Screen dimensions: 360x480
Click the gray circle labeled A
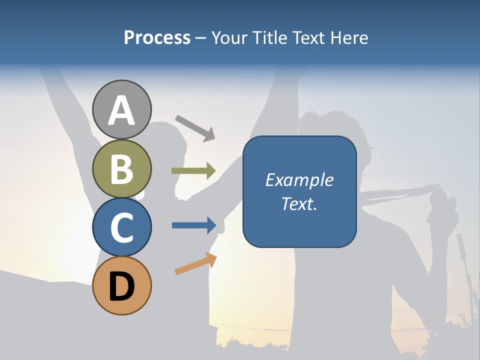122,109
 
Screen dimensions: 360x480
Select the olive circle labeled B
122,168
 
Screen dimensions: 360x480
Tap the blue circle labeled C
122,227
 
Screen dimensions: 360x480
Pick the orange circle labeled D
122,285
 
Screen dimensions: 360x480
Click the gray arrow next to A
195,127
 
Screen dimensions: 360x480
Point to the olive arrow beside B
193,170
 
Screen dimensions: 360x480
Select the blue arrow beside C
194,225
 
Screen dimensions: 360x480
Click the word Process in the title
157,38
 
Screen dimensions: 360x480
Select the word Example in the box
299,180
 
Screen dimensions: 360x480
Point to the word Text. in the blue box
299,203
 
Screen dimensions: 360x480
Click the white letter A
122,110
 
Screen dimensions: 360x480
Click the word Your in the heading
229,38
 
